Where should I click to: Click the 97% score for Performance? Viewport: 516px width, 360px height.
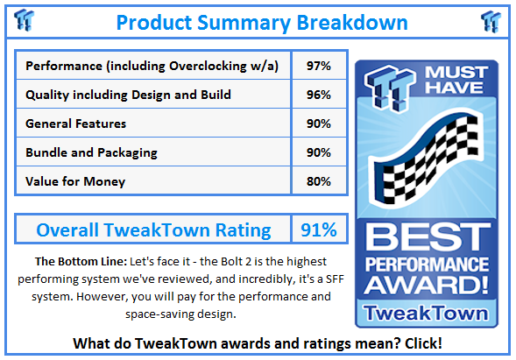pos(319,66)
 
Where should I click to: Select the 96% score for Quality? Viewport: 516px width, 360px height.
pos(319,95)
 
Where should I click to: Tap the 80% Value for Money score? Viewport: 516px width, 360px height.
pos(319,181)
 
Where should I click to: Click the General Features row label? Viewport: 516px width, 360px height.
pos(75,124)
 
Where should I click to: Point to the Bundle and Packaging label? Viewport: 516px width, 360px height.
pos(91,152)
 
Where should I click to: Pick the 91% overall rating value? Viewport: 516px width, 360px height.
pos(319,229)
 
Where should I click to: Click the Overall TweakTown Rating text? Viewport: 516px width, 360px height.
pos(153,230)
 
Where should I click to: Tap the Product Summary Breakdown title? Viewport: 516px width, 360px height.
pos(262,23)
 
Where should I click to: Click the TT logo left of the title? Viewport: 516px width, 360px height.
pos(24,20)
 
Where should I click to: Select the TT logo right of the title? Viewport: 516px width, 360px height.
pos(491,21)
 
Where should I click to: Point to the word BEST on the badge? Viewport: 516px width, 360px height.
pos(428,236)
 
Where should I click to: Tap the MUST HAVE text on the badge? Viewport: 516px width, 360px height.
pos(456,80)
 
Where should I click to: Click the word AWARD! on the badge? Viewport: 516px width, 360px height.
pos(427,285)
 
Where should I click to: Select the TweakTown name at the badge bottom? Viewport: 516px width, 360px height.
pos(426,313)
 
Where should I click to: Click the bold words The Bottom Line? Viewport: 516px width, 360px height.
pos(81,262)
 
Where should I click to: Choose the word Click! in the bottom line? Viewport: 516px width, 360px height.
pos(423,343)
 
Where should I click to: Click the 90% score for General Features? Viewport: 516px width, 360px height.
pos(319,124)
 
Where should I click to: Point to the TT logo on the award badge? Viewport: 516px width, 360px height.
pos(389,88)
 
